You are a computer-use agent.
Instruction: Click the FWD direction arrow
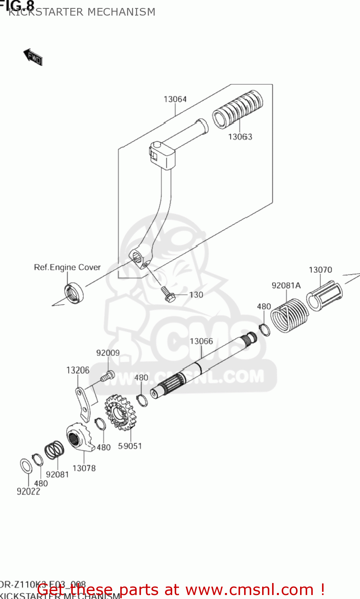pos(33,57)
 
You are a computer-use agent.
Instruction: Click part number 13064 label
pos(175,99)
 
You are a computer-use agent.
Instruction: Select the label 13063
pos(240,137)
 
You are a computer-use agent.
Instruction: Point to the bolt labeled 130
pos(167,294)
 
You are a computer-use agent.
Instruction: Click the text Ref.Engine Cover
pos(67,268)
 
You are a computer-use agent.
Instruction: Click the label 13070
pos(320,270)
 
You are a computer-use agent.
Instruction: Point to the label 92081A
pos(286,286)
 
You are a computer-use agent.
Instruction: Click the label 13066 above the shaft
pos(201,341)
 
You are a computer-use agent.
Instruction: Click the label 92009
pos(107,353)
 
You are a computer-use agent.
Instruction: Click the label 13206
pos(78,371)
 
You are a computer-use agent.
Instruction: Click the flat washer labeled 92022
pos(26,466)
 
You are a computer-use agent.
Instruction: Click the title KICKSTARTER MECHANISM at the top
pos(82,12)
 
